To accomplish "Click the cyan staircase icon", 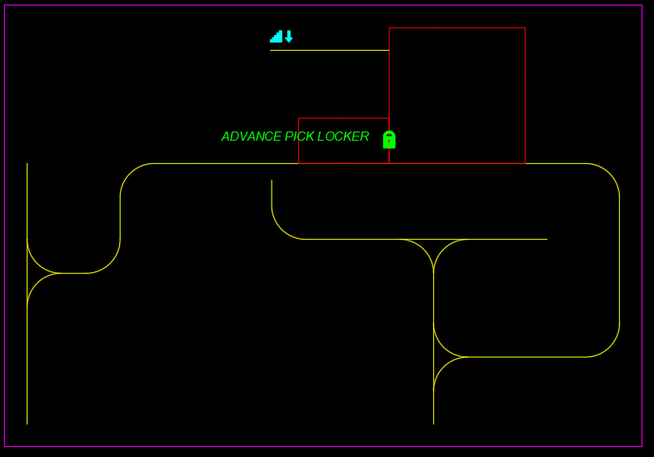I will (x=276, y=37).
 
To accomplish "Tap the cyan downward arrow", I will (x=289, y=37).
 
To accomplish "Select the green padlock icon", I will (x=389, y=140).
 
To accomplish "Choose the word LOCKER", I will (x=343, y=137).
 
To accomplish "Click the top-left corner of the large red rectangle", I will (x=389, y=27).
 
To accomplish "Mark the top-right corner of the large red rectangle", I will (x=525, y=27).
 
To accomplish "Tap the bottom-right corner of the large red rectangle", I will (x=525, y=163).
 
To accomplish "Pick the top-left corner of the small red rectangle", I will (x=298, y=118).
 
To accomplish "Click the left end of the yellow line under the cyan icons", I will (x=270, y=51).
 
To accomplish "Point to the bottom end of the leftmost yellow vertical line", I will (x=27, y=424).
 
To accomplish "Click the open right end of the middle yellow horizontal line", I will (x=547, y=239).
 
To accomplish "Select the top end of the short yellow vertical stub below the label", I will (x=272, y=180).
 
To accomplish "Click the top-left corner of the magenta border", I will (x=5, y=6).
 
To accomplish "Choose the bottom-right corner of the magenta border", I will (x=642, y=446).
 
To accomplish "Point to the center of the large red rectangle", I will (x=457, y=96).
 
